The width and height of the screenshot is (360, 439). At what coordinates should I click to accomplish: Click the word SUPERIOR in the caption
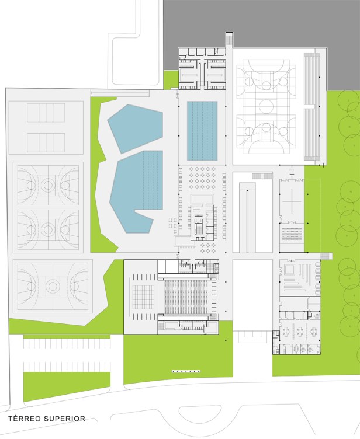[64, 419]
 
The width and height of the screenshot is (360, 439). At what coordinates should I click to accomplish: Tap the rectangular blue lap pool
[202, 131]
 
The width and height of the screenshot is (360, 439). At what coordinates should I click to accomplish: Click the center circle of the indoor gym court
[266, 106]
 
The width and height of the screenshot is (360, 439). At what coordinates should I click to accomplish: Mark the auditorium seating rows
[186, 296]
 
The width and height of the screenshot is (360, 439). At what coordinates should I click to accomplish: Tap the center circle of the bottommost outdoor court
[53, 286]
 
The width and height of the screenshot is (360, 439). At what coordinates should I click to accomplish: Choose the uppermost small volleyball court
[46, 113]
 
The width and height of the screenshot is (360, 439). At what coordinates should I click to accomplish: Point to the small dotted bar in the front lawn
[186, 371]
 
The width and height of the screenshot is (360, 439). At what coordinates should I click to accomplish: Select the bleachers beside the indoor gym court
[311, 106]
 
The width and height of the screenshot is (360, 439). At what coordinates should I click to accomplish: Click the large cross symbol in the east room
[292, 201]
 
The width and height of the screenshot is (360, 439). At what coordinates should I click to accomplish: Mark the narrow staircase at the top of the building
[229, 39]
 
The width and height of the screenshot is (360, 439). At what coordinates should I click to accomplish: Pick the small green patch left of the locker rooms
[171, 80]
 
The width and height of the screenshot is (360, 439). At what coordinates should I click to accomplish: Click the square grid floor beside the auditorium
[143, 297]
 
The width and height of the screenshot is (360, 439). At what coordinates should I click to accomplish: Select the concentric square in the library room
[289, 269]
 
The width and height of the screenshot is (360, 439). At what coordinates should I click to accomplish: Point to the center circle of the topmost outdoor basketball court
[48, 185]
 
